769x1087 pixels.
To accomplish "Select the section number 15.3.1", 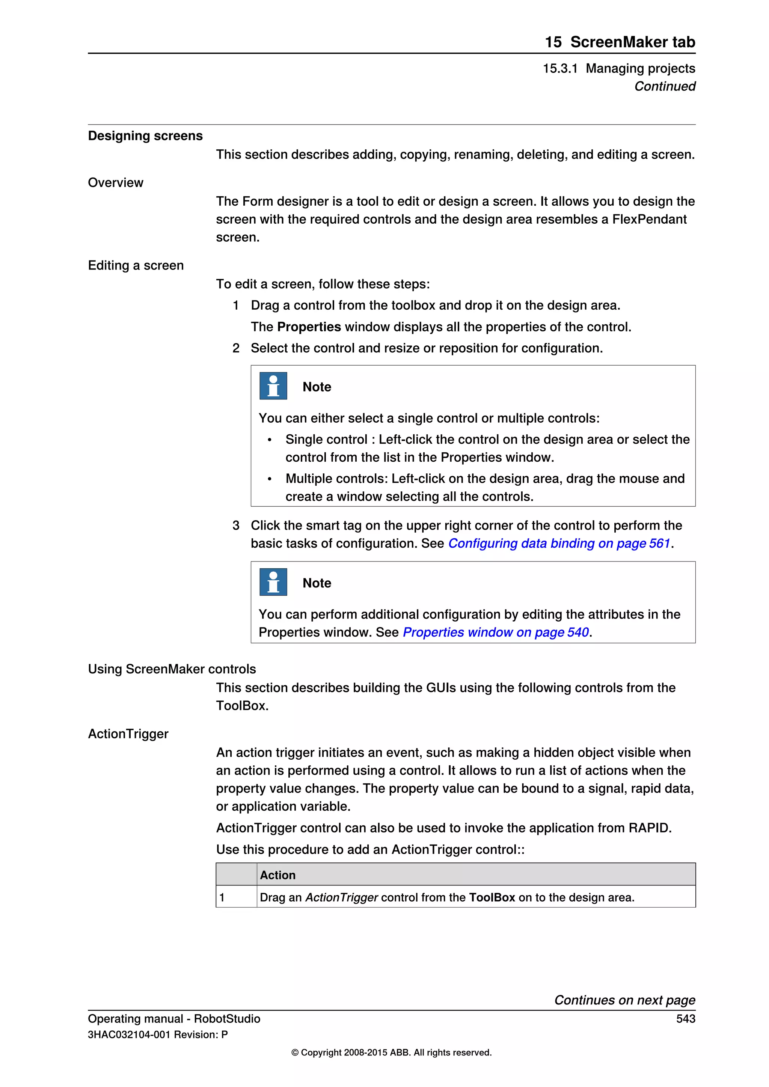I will point(560,69).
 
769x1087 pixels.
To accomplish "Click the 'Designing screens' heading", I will point(145,136).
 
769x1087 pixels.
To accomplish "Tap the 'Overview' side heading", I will point(116,183).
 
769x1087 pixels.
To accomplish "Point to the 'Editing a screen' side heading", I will point(136,266).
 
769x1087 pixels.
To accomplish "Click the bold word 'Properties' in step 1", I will point(309,327).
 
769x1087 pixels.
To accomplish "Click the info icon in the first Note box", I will point(273,386).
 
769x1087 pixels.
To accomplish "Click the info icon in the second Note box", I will point(273,582).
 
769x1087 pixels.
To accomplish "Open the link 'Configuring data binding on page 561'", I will point(559,543).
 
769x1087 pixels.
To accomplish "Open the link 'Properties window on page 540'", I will point(495,632).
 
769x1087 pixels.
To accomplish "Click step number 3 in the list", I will point(236,525).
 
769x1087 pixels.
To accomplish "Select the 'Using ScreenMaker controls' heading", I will point(172,669).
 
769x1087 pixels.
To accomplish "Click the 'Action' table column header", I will point(277,875).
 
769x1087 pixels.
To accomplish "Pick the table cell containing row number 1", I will point(236,897).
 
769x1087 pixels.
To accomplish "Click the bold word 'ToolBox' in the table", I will point(492,897).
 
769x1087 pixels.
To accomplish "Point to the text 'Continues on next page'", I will point(624,1000).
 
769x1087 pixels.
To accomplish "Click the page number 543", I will point(685,1019).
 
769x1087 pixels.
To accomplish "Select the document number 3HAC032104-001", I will point(129,1035).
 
